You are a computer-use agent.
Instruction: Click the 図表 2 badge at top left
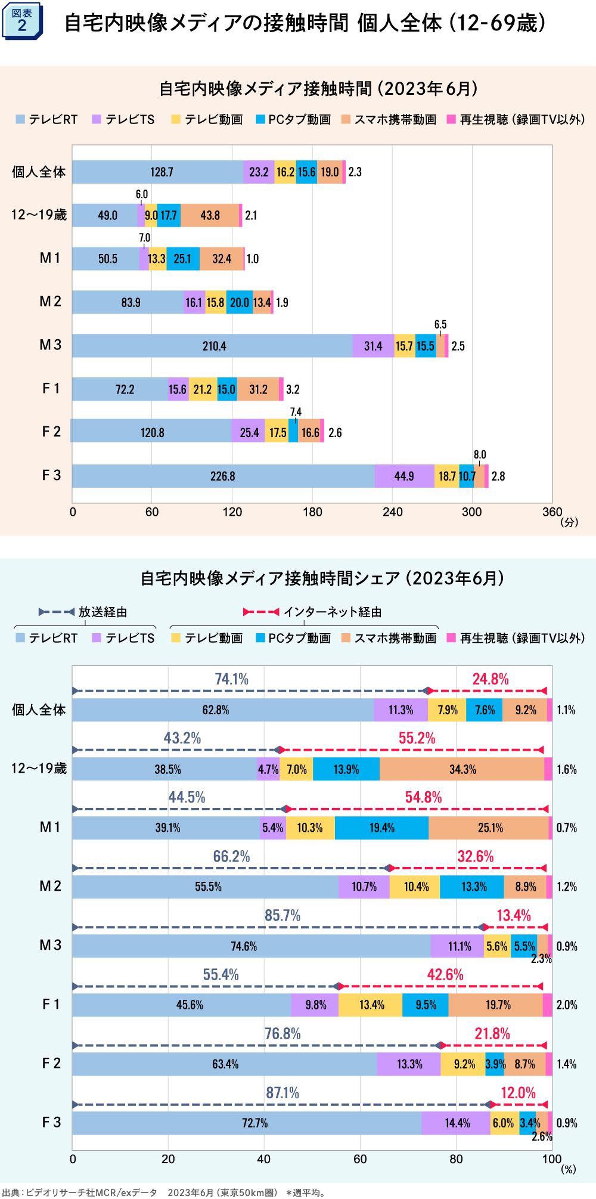[22, 21]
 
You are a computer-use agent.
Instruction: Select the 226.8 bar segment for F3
[222, 476]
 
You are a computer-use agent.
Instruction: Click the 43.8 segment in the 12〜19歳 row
[210, 215]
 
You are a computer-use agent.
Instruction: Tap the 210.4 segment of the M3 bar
[214, 346]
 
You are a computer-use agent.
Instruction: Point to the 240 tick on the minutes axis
[392, 512]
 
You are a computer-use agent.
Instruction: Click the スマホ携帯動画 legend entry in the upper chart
[389, 119]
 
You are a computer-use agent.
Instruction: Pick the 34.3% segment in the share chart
[462, 769]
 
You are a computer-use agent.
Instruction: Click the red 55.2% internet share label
[417, 738]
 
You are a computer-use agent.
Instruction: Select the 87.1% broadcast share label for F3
[283, 1093]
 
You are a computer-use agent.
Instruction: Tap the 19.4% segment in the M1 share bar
[381, 828]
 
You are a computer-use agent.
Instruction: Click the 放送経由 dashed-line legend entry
[83, 612]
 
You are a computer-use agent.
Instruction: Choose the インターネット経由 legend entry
[313, 612]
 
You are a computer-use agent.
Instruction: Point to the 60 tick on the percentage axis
[360, 1158]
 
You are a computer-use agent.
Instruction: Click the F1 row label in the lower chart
[51, 1005]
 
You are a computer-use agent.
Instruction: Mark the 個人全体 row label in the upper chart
[39, 172]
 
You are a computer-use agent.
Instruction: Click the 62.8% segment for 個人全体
[216, 710]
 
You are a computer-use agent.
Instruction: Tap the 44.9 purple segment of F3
[404, 476]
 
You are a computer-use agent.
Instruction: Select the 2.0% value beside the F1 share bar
[566, 1005]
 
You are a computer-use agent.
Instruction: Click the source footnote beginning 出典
[164, 1192]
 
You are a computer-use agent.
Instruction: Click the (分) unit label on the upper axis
[569, 522]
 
